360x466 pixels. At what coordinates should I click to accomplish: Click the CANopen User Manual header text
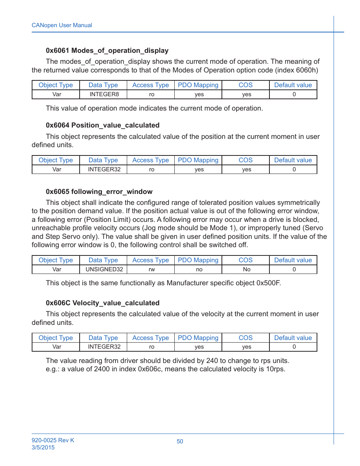(62, 25)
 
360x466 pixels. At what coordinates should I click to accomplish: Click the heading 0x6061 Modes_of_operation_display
(107, 51)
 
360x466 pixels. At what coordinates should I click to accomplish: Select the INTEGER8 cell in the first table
(104, 94)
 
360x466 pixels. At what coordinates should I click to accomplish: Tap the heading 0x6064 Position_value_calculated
(103, 125)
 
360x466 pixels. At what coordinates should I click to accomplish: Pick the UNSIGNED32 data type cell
(104, 269)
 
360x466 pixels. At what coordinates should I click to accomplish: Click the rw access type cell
(152, 269)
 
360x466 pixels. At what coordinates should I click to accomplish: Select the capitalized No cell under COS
(247, 269)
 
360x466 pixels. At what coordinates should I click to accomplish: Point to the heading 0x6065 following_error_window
(99, 192)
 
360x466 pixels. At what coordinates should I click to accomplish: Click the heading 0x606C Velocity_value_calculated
(103, 303)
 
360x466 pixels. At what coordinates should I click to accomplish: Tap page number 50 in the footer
(180, 441)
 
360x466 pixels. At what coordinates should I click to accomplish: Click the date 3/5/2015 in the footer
(43, 448)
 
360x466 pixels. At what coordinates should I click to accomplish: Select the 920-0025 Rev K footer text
(53, 440)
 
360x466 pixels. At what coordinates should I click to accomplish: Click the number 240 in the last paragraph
(212, 361)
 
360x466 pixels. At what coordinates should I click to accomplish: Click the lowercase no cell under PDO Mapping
(199, 269)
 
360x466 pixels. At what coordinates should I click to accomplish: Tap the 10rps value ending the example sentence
(275, 369)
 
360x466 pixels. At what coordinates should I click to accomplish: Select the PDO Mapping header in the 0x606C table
(198, 338)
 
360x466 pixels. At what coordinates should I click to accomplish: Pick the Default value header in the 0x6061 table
(293, 85)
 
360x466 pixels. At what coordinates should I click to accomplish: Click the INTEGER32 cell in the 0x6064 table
(104, 169)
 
